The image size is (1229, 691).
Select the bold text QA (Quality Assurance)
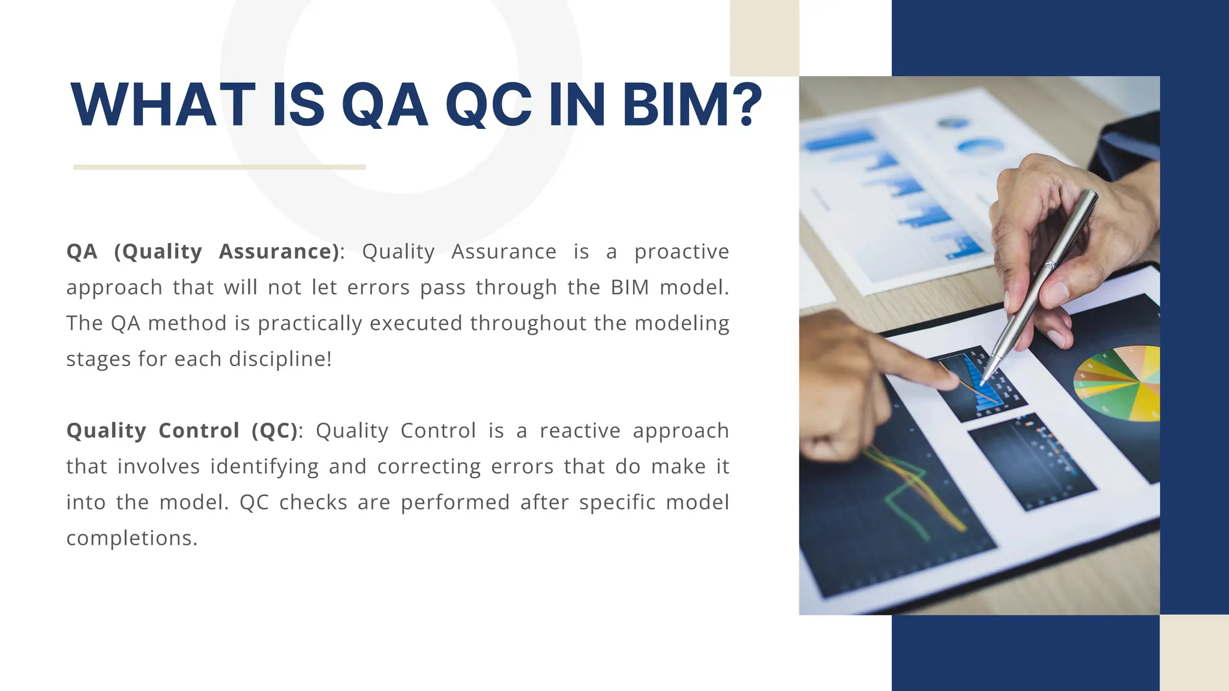pyautogui.click(x=203, y=251)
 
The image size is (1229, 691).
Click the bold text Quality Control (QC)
pyautogui.click(x=182, y=431)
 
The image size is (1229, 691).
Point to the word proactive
pyautogui.click(x=681, y=252)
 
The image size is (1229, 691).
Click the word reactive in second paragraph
pyautogui.click(x=580, y=431)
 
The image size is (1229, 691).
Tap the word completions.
pyautogui.click(x=131, y=538)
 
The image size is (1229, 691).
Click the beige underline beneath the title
pyautogui.click(x=219, y=167)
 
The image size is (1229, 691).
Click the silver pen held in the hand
pyautogui.click(x=1044, y=277)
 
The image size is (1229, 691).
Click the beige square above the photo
pyautogui.click(x=764, y=37)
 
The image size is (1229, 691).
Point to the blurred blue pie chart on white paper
pyautogui.click(x=979, y=146)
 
